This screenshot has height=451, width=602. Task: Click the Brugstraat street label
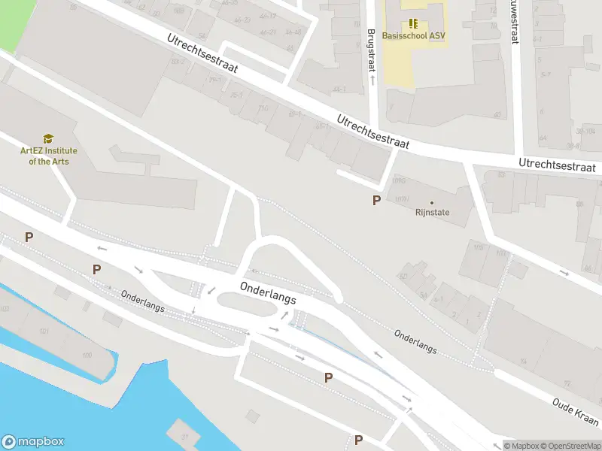point(371,50)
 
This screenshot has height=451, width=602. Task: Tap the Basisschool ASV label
point(413,35)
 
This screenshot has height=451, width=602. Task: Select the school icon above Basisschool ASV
point(413,23)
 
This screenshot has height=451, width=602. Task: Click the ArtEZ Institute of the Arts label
point(48,156)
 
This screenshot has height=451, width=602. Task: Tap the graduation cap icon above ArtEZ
point(48,138)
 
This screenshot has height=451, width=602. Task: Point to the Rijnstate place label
point(432,213)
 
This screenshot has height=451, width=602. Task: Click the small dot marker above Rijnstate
point(432,202)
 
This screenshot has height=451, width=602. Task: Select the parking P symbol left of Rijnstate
point(376,200)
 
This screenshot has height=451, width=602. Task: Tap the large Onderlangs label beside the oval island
point(267,293)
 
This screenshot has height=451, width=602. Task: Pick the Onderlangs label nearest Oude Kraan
point(415,342)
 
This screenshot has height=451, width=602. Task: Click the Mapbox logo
point(33,442)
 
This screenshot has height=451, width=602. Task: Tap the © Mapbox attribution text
point(522,446)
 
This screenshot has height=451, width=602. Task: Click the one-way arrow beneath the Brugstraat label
point(372,77)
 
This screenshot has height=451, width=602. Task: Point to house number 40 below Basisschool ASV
point(497,115)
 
